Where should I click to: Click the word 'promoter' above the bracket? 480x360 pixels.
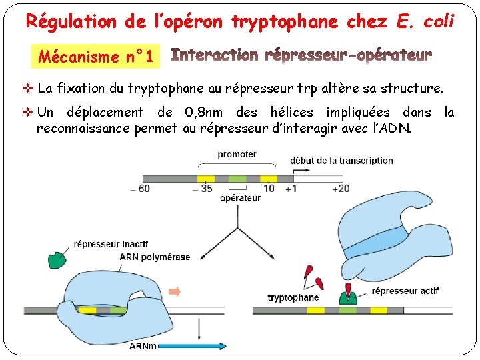click(237, 154)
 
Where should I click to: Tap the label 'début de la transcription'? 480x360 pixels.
click(341, 161)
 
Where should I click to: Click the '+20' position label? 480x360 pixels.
click(340, 189)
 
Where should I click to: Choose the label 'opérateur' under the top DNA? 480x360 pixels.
click(240, 198)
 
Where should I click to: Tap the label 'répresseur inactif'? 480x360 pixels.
click(111, 244)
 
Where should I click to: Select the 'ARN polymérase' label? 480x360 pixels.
click(155, 257)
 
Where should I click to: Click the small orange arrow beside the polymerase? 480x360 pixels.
click(175, 291)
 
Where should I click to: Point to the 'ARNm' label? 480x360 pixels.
click(143, 346)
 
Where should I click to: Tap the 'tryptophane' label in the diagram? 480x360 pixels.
click(293, 297)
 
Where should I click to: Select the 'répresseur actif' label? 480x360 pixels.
click(405, 291)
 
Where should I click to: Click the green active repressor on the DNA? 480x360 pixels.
click(347, 294)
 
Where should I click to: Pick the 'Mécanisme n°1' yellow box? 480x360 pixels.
click(96, 57)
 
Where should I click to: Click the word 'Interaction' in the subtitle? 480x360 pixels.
click(215, 55)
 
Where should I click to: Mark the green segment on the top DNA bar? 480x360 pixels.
click(237, 179)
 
